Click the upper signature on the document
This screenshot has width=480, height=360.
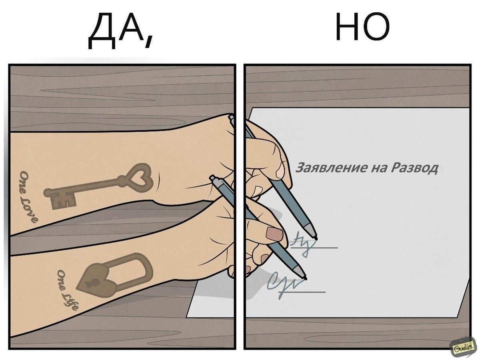point(302,242)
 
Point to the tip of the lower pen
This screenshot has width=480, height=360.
point(305,278)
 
